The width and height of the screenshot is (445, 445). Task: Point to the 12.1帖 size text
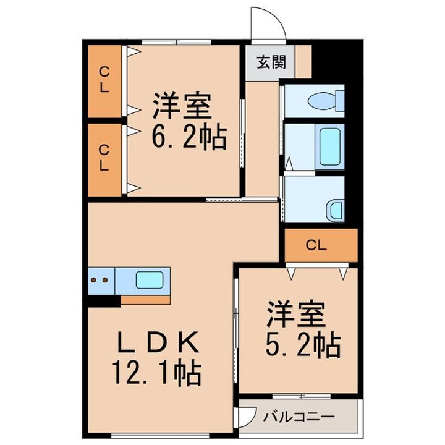pos(155,372)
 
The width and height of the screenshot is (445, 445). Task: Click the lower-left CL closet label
pos(104,158)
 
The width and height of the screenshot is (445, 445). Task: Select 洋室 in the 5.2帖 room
pos(296,315)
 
